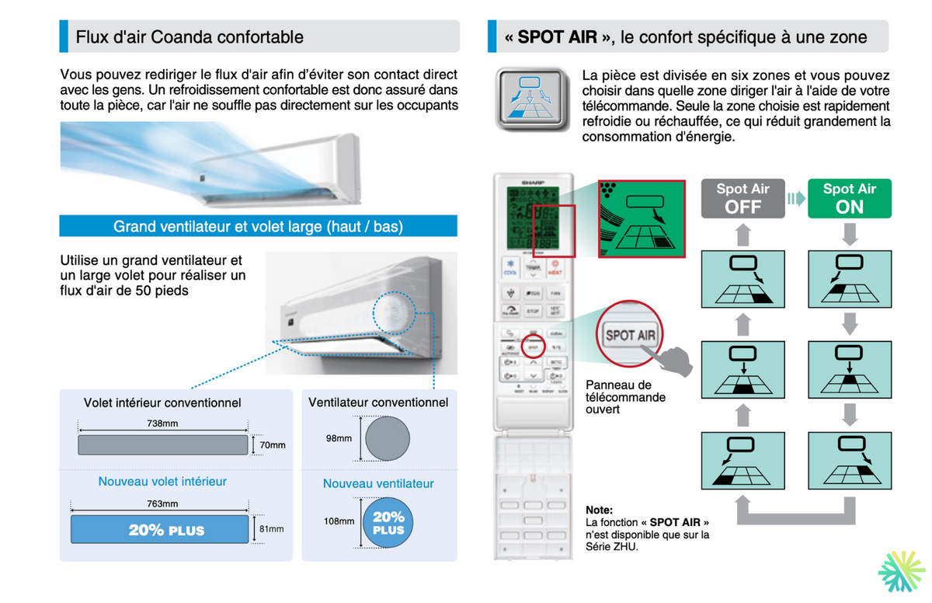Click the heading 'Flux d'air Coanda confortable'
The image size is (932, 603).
point(190,37)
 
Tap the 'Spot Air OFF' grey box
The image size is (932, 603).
point(742,199)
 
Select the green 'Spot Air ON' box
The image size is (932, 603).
point(849,199)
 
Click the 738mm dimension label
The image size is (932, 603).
point(162,423)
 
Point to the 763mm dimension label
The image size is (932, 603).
point(162,504)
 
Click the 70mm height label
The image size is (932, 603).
point(273,445)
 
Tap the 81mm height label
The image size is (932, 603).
point(271,529)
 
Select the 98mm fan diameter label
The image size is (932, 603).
point(339,438)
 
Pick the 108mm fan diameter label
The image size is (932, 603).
point(339,521)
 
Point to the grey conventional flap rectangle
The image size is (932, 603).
point(162,445)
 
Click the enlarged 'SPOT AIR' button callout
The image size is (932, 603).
point(630,336)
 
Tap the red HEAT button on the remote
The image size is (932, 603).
point(556,269)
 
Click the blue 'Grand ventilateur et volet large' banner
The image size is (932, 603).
point(258,227)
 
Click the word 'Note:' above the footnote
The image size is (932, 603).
point(599,509)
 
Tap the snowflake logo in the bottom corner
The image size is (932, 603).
point(901,573)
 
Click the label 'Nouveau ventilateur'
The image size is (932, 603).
point(378,483)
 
